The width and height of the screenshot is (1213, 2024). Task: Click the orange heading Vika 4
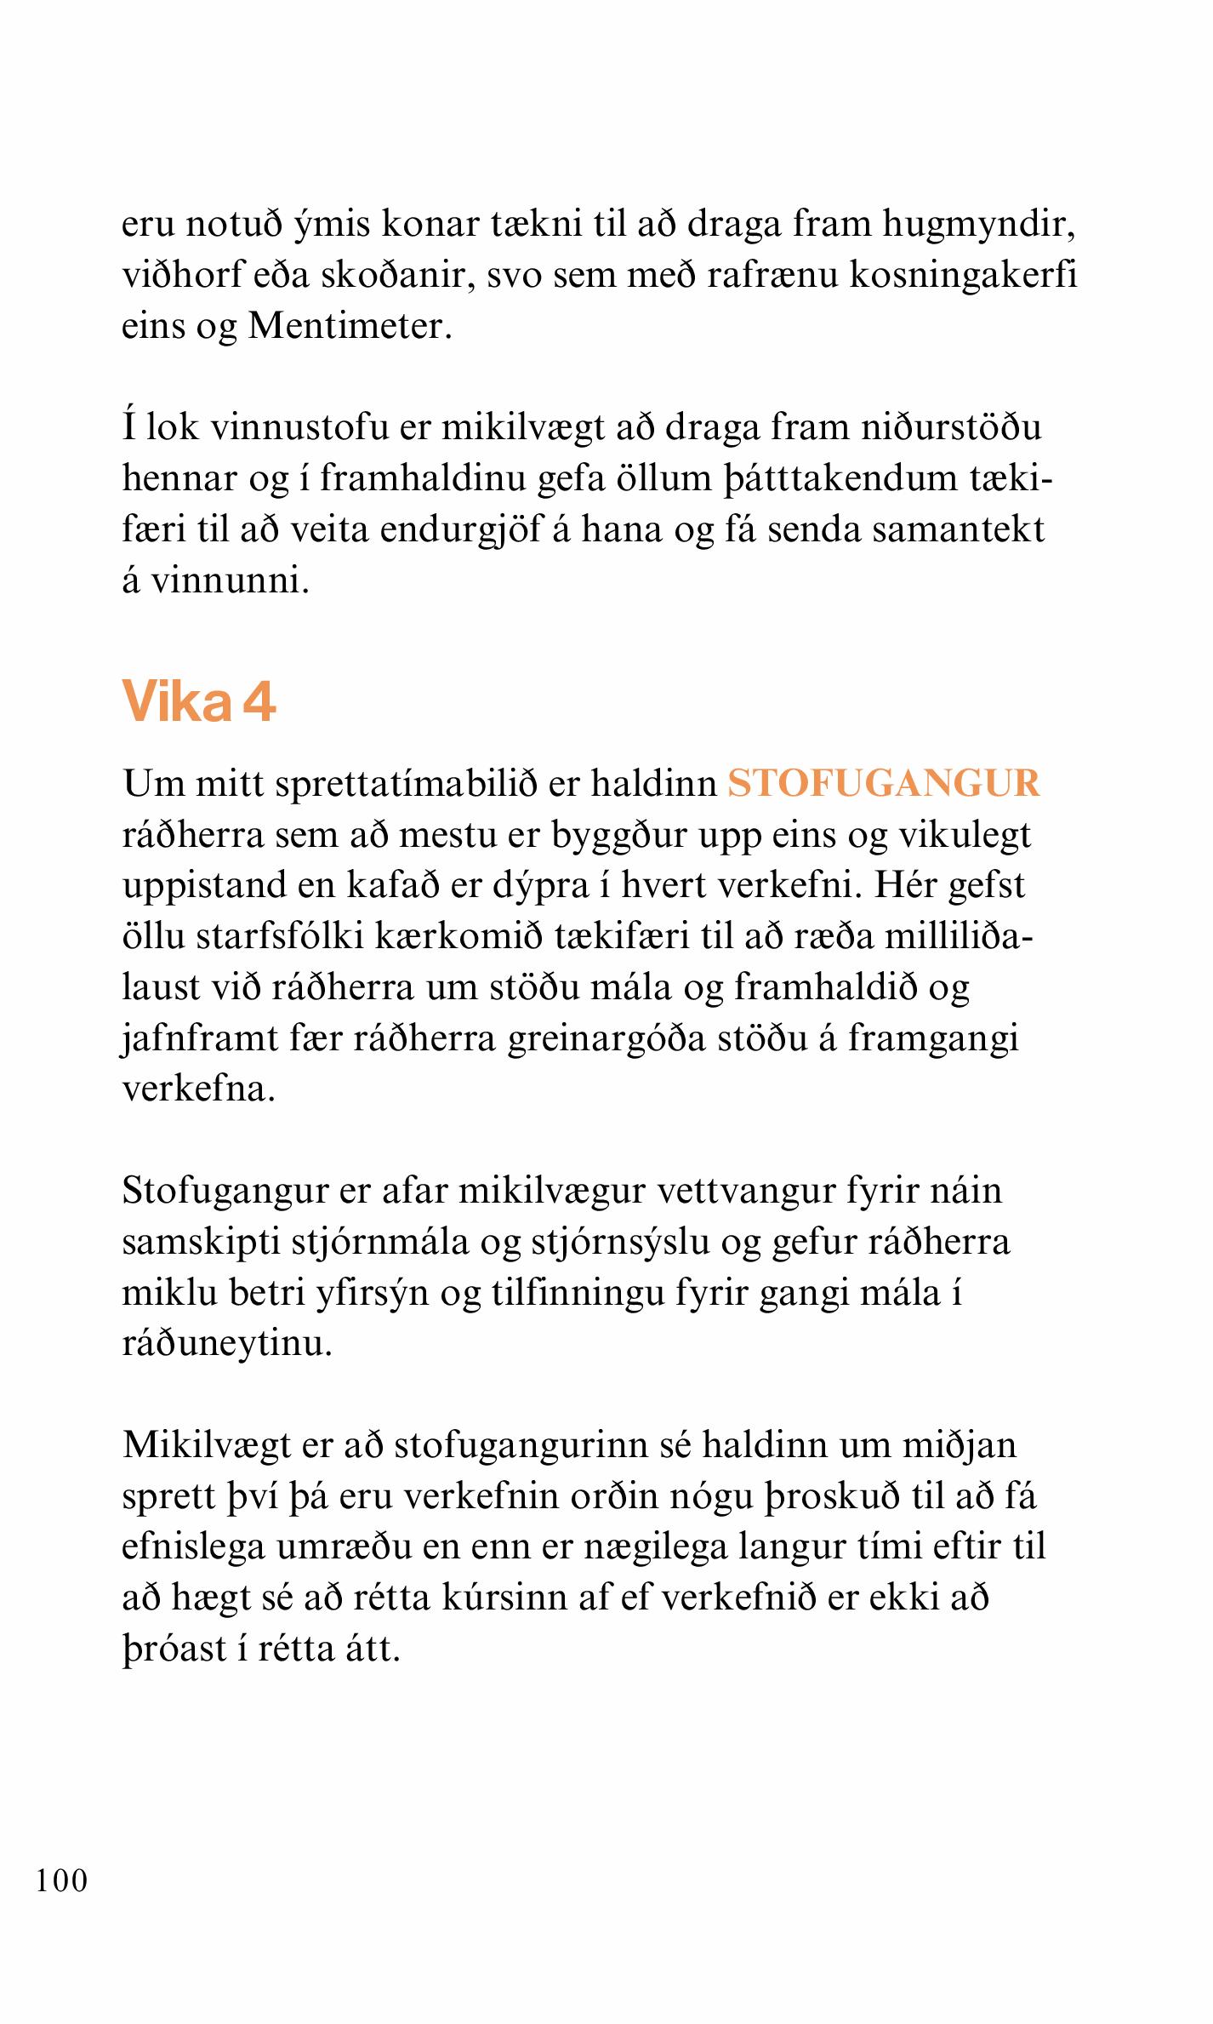(x=199, y=703)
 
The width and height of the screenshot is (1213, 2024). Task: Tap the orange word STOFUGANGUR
(x=883, y=783)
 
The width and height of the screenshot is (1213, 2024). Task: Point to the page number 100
(x=62, y=1880)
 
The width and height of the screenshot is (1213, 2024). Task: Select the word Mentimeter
(x=348, y=326)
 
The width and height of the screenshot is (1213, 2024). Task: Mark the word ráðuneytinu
(x=225, y=1343)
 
